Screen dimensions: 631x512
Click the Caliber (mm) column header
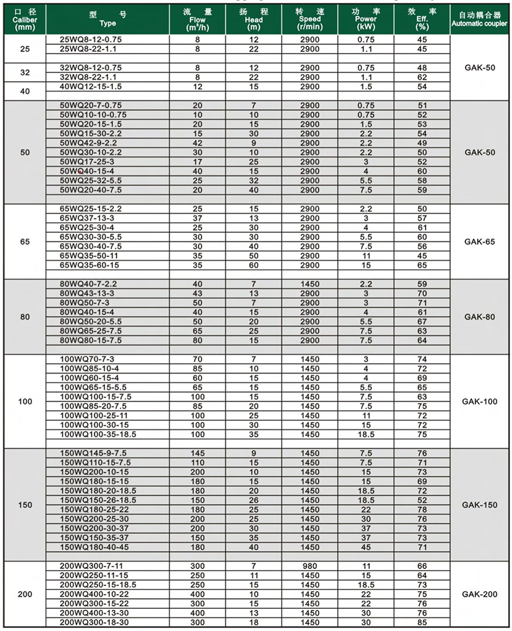click(23, 19)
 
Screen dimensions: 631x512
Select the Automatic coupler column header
click(479, 19)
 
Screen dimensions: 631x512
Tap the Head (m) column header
click(254, 19)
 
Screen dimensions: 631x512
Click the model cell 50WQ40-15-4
click(87, 171)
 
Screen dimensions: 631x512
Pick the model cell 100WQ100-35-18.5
click(98, 434)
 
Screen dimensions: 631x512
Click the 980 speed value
click(311, 566)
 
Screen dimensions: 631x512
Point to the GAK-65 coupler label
click(480, 241)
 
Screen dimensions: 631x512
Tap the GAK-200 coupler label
click(480, 594)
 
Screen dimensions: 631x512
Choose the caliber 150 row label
click(25, 505)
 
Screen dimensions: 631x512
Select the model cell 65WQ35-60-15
click(90, 265)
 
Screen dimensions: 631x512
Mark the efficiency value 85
click(422, 622)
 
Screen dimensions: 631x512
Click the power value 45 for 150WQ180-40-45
click(366, 547)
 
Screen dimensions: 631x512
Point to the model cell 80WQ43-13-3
click(87, 293)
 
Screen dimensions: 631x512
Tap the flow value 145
click(198, 453)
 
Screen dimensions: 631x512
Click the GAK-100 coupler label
click(480, 401)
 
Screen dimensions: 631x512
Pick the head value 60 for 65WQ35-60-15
click(254, 265)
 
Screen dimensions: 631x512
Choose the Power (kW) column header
click(366, 19)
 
